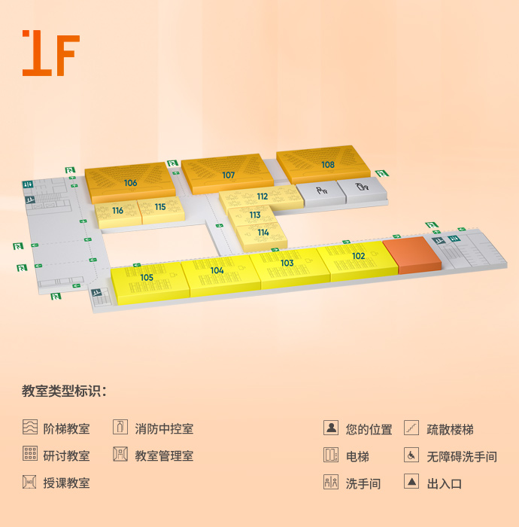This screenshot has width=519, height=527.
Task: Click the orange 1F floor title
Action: click(50, 53)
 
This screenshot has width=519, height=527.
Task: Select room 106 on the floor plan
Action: click(131, 183)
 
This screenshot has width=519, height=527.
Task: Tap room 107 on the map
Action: click(229, 175)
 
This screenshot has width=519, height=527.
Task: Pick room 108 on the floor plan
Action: click(328, 165)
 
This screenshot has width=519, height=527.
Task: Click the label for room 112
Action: click(262, 196)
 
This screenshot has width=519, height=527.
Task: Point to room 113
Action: click(255, 215)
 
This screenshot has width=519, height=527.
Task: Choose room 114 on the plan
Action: click(263, 233)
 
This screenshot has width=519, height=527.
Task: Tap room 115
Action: click(160, 207)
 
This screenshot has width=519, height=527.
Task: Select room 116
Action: click(118, 211)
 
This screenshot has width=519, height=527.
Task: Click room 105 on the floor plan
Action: click(147, 278)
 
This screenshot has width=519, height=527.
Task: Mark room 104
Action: click(217, 270)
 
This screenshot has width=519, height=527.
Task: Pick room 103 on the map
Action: click(287, 263)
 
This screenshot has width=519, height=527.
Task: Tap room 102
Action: click(358, 256)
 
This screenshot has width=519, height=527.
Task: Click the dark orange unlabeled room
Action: click(411, 254)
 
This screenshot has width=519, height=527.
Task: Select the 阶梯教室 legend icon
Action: click(30, 428)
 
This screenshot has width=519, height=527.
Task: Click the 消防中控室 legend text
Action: click(164, 429)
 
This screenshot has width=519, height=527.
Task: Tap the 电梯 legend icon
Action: click(331, 455)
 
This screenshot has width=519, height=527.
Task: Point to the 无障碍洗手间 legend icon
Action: click(411, 455)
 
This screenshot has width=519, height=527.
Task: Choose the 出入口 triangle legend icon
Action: click(411, 482)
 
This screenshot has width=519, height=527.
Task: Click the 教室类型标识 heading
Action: click(64, 391)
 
